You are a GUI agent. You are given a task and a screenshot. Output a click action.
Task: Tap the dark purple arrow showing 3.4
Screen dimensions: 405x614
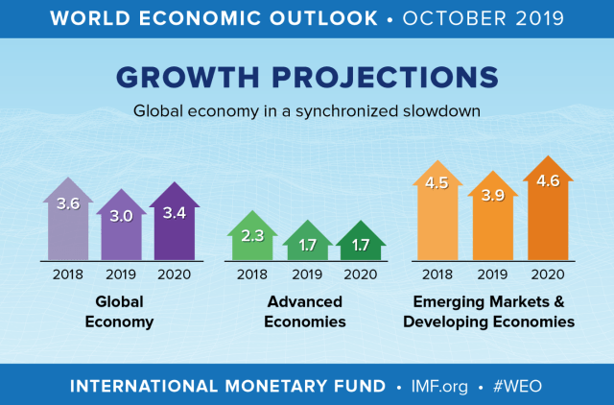(x=176, y=222)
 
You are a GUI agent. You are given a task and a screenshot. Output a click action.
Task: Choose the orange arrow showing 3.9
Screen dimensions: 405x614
(x=491, y=218)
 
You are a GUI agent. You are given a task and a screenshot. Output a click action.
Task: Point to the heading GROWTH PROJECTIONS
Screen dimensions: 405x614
(x=307, y=78)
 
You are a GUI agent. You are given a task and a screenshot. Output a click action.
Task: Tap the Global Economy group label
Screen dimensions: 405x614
(x=120, y=312)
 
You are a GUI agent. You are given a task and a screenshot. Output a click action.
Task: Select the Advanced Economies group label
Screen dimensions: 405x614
(x=306, y=312)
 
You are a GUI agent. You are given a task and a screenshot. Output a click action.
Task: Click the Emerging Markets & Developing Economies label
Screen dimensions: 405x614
(x=489, y=312)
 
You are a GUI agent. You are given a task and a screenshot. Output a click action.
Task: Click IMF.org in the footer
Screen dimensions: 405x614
(x=438, y=386)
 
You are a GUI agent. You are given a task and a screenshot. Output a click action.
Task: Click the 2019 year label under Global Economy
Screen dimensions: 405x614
(x=122, y=274)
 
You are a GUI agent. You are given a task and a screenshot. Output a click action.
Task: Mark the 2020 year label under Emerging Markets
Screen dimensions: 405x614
(x=546, y=274)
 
